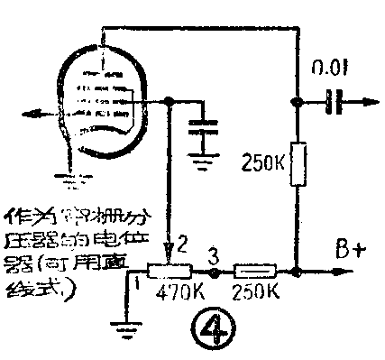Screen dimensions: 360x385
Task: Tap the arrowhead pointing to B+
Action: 343,271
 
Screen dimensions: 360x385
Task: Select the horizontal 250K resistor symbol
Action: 254,271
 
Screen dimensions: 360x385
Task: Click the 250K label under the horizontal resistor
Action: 254,293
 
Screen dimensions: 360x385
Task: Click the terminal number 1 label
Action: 136,283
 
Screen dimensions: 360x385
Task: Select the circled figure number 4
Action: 211,329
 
